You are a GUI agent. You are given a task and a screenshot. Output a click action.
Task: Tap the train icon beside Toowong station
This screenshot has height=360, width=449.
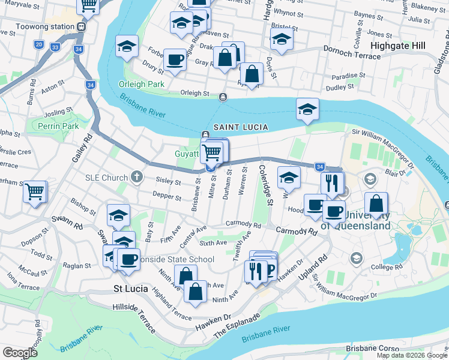80,27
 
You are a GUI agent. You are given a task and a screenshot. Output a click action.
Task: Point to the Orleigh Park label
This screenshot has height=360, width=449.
142,84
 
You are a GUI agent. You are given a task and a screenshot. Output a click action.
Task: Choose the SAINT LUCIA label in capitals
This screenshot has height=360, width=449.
240,127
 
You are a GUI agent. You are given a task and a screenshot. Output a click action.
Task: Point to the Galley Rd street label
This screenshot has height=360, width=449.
82,146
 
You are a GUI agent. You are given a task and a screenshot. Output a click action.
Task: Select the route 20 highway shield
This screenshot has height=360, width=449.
39,44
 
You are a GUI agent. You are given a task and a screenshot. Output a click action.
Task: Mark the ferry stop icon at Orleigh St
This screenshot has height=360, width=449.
223,96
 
